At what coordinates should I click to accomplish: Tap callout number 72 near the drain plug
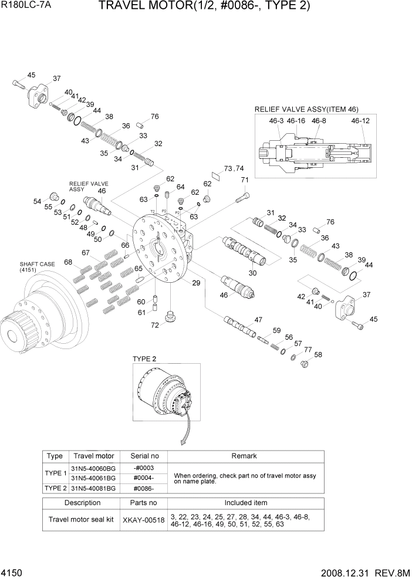(155, 325)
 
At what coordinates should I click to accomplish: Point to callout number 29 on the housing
(196, 283)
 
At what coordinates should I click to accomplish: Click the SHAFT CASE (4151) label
(38, 267)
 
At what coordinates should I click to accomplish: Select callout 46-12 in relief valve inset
(360, 121)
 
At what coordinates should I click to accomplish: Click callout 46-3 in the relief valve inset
(276, 121)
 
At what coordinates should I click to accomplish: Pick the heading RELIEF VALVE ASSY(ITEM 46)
(306, 109)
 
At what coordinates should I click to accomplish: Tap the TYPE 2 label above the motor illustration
(144, 358)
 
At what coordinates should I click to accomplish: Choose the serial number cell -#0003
(143, 468)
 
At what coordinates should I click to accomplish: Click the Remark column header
(245, 456)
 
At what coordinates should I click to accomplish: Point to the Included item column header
(245, 503)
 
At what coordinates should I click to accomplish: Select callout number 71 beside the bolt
(245, 180)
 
